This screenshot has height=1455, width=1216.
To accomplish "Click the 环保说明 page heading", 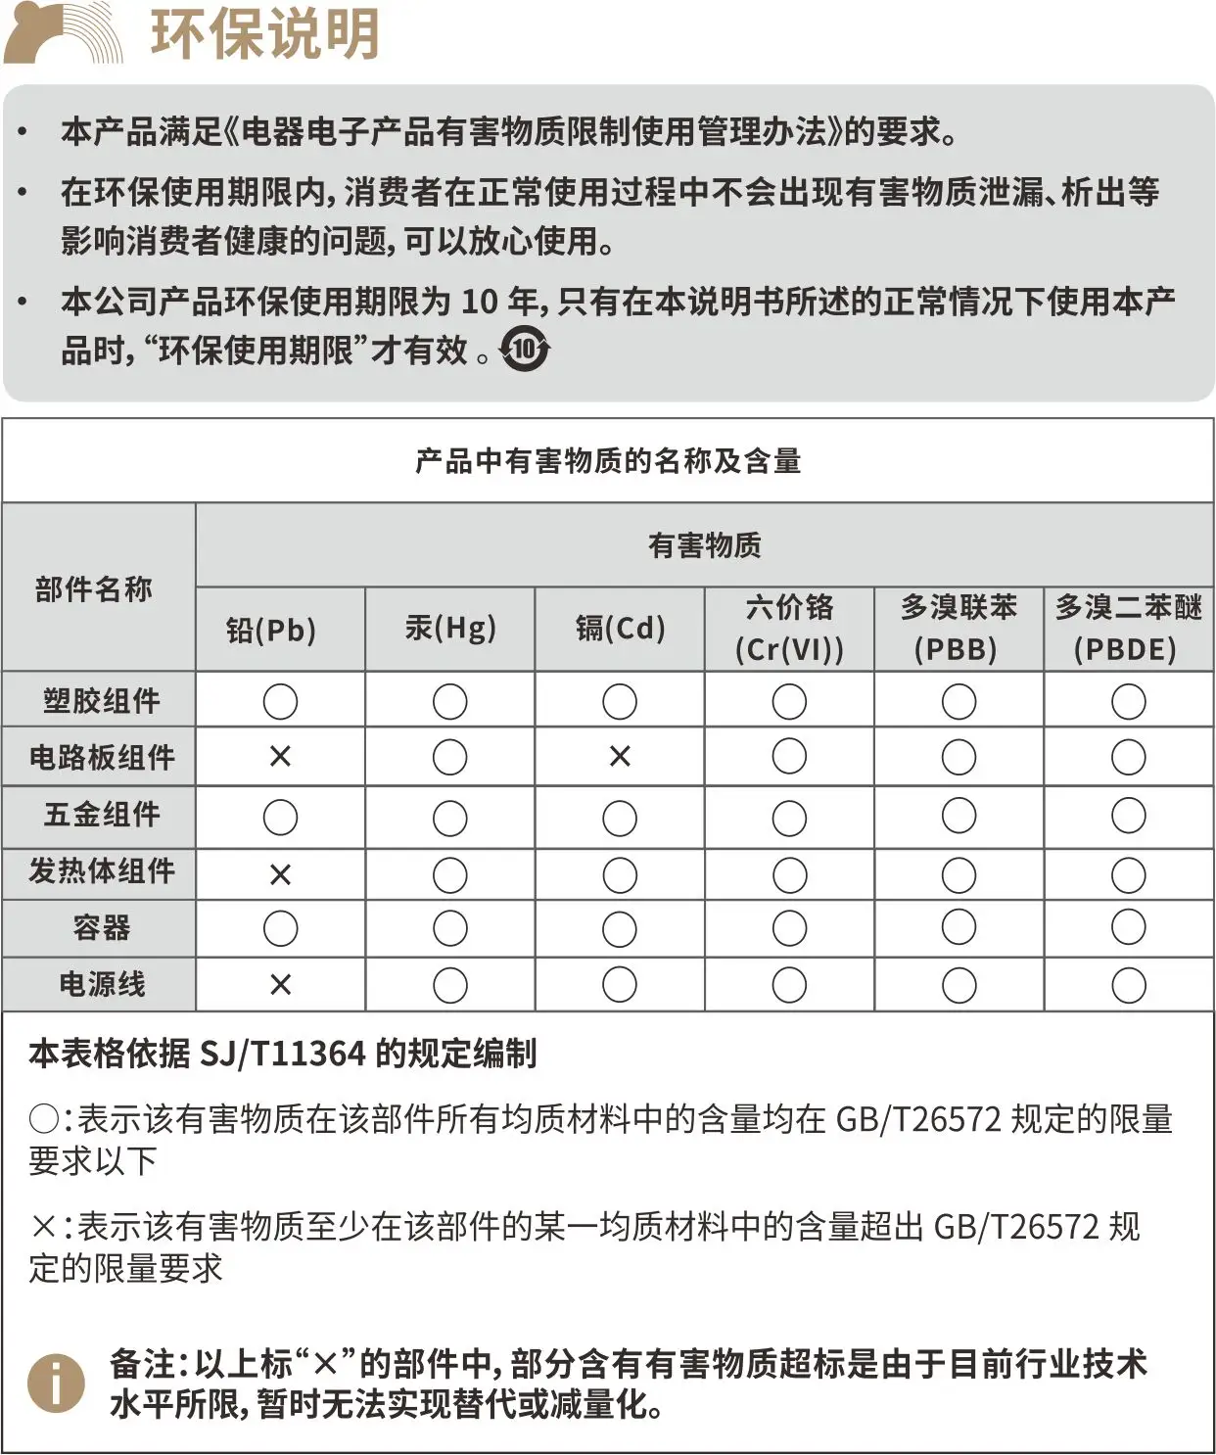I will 264,33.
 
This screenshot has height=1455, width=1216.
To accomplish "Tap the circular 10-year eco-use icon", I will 525,349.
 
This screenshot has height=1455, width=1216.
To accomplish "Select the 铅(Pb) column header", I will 271,630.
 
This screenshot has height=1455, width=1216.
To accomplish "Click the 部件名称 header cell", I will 94,588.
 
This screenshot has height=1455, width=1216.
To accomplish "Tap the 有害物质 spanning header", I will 704,545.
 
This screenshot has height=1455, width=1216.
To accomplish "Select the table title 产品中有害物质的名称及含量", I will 608,460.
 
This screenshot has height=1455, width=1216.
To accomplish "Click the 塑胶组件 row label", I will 101,701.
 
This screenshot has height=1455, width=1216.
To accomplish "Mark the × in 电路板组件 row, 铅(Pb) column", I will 280,757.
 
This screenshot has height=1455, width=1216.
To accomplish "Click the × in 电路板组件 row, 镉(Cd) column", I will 620,757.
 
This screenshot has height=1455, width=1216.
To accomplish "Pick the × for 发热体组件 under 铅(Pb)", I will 280,874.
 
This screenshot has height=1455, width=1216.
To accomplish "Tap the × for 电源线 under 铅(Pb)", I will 280,985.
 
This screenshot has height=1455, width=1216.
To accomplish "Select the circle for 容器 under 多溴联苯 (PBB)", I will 959,927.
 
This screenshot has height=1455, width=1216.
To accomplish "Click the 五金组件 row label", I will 101,815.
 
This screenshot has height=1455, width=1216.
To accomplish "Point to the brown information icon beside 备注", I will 56,1384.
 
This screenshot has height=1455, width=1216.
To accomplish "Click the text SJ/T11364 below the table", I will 282,1054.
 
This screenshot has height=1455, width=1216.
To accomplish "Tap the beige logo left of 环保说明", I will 61,33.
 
